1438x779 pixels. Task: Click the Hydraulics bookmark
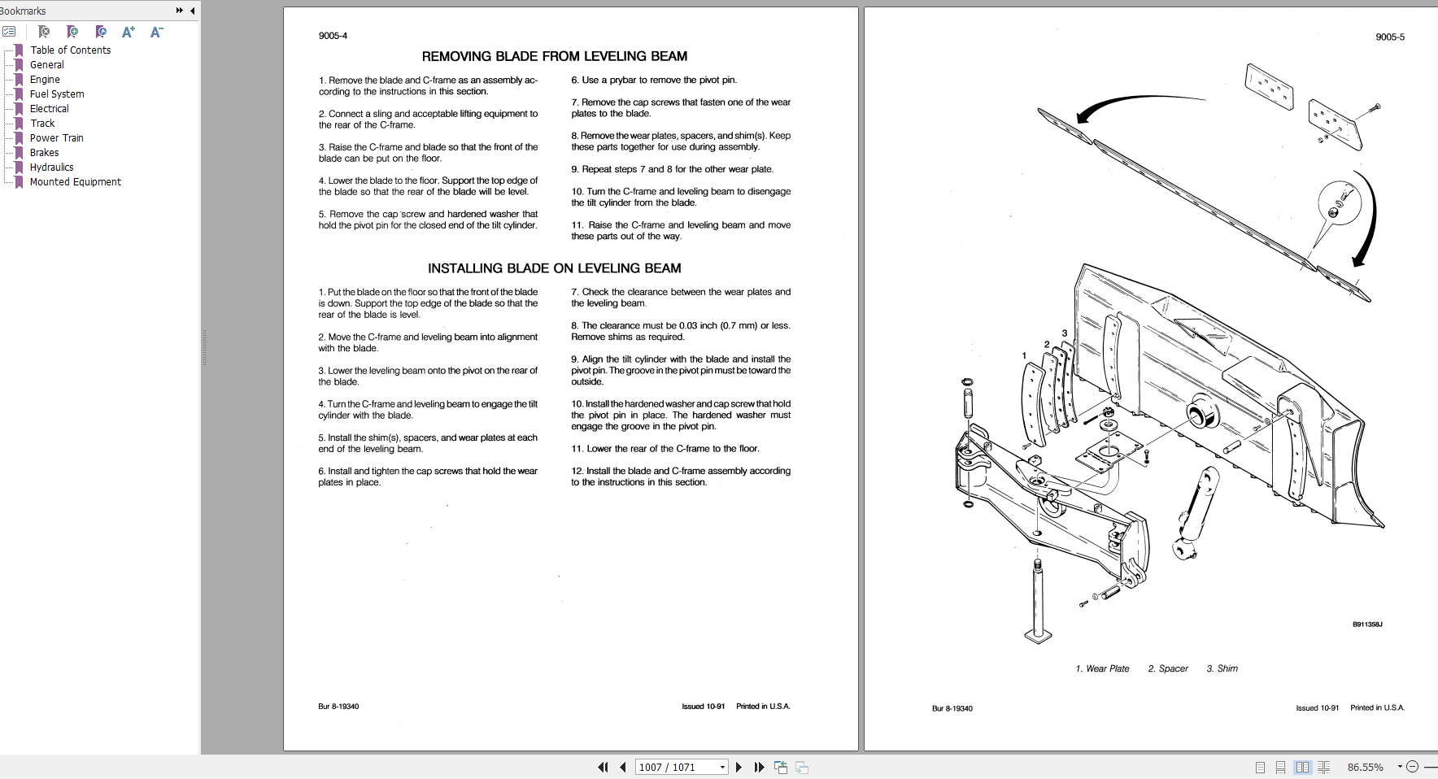(x=51, y=168)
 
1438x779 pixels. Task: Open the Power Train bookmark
(x=56, y=138)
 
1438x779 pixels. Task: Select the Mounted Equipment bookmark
(x=75, y=182)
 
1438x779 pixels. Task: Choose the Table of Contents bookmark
(x=70, y=50)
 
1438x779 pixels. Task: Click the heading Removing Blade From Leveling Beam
(x=554, y=56)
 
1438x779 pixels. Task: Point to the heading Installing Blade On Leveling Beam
(x=554, y=268)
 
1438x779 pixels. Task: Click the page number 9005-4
(x=333, y=36)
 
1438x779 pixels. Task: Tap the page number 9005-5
(x=1389, y=37)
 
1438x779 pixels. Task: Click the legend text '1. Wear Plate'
(x=1102, y=668)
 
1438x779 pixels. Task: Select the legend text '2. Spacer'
(x=1168, y=668)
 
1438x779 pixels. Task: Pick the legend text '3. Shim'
(x=1222, y=668)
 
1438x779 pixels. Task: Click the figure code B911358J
(x=1367, y=625)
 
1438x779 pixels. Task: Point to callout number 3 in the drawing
(x=1064, y=333)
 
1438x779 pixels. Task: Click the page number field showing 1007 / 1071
(x=675, y=767)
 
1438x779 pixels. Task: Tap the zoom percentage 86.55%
(x=1365, y=767)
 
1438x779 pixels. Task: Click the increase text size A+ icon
(x=128, y=32)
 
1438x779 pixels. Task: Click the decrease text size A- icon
(x=156, y=32)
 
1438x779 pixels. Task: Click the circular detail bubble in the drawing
(x=1340, y=203)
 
